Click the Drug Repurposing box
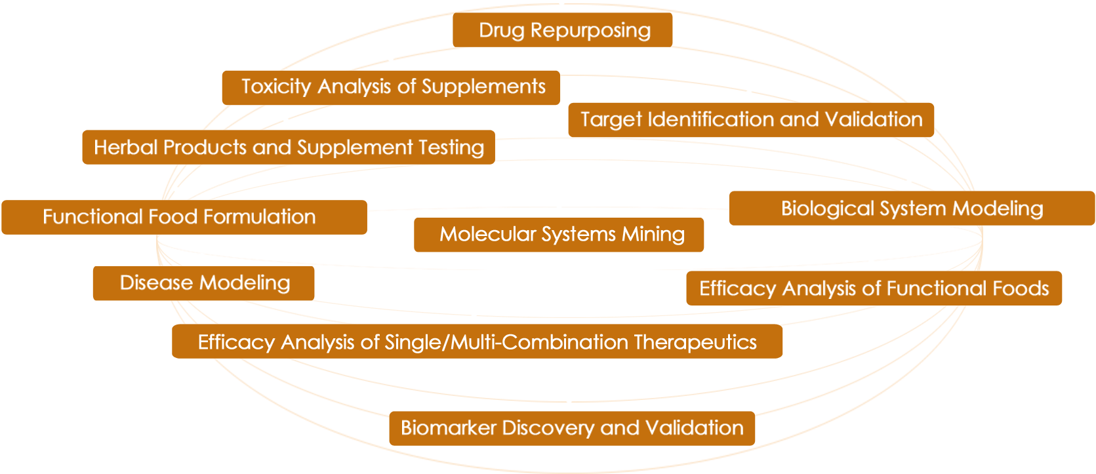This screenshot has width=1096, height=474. tap(563, 30)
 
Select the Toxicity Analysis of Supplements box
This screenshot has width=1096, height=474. tap(391, 87)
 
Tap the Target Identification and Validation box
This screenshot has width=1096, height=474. tap(750, 119)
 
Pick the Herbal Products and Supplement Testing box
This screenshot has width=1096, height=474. tap(288, 147)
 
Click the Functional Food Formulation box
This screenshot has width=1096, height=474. tap(184, 217)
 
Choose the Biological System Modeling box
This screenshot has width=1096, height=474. tap(911, 208)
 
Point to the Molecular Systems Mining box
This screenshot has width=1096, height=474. tap(559, 235)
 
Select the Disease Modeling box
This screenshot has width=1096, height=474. tap(203, 283)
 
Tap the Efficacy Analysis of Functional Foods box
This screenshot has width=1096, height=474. tap(874, 288)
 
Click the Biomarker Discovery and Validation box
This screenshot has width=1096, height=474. tap(571, 428)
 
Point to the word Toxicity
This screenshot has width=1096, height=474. tap(275, 87)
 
